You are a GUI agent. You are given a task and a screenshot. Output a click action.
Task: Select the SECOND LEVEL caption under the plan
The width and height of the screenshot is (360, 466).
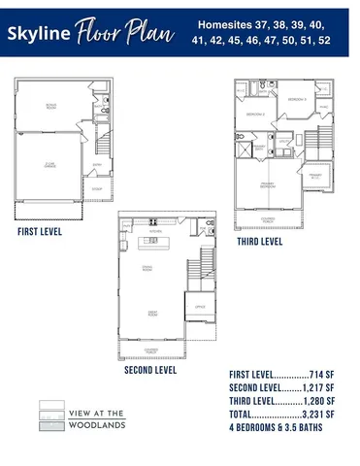point(150,370)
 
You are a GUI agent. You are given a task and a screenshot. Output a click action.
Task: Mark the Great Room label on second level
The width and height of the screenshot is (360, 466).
point(152,312)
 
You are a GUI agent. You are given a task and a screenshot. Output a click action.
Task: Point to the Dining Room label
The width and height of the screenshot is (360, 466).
point(151,267)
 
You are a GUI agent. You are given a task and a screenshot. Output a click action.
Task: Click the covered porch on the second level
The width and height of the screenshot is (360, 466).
point(151,348)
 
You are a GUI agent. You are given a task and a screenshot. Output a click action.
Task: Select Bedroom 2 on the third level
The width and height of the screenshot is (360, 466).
point(254,115)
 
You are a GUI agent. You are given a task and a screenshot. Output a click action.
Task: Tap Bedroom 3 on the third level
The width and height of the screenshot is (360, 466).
point(299,100)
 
